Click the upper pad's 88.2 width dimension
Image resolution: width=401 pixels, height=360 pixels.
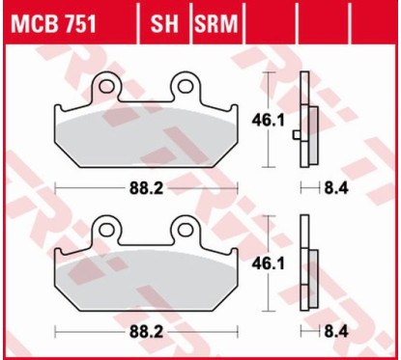tap(145, 186)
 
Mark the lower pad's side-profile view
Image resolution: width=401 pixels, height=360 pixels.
tap(308, 261)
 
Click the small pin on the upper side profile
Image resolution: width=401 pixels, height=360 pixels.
tap(297, 139)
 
